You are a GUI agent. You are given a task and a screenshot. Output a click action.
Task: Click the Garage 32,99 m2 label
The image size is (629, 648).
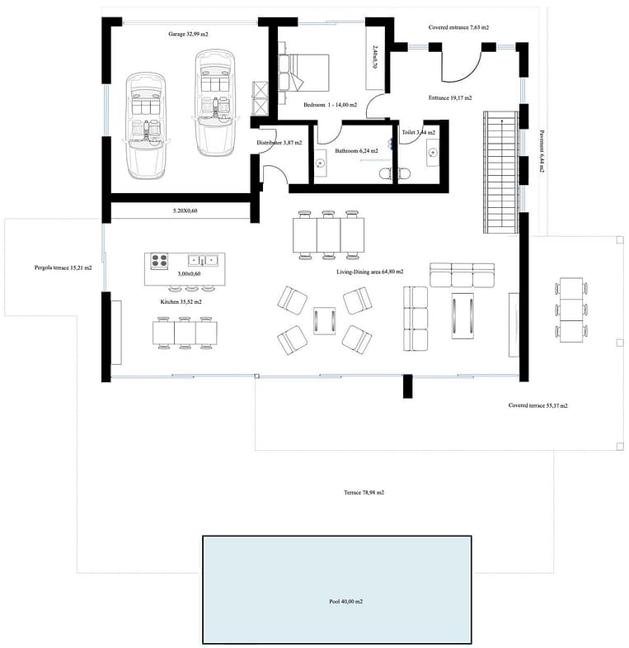click(188, 34)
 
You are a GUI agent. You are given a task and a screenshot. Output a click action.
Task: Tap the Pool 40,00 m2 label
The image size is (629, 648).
click(346, 601)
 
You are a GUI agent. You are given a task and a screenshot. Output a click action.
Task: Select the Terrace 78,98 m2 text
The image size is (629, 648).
click(364, 492)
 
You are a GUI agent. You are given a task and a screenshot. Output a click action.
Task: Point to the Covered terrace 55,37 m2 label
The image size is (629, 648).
click(537, 405)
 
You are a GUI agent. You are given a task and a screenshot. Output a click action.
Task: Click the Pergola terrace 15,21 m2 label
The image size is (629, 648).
click(63, 267)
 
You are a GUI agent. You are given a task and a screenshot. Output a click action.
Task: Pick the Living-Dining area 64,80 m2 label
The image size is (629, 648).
click(370, 272)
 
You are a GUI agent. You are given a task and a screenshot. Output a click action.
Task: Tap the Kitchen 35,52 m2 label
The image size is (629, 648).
click(181, 301)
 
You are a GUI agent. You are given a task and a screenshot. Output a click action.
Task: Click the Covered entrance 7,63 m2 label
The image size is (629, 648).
click(458, 27)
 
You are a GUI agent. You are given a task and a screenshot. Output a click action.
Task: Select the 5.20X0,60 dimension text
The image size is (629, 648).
click(185, 210)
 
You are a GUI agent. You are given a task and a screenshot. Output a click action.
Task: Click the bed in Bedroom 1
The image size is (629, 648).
click(304, 73)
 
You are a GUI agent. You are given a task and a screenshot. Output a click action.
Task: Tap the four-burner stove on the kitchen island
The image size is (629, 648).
click(159, 261)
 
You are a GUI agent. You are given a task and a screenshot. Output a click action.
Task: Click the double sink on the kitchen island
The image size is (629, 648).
click(203, 260)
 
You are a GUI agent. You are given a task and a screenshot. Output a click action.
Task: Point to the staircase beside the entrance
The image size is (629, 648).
click(501, 172)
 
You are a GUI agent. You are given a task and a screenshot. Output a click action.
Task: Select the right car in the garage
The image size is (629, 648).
click(215, 103)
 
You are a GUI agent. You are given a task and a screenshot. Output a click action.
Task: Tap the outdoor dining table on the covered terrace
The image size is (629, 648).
click(571, 310)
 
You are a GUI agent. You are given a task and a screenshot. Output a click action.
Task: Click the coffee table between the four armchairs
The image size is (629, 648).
click(325, 320)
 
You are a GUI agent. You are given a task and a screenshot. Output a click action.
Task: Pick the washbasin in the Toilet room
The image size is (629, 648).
click(432, 153)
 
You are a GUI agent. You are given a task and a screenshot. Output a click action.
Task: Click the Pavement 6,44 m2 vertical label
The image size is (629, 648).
click(542, 151)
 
